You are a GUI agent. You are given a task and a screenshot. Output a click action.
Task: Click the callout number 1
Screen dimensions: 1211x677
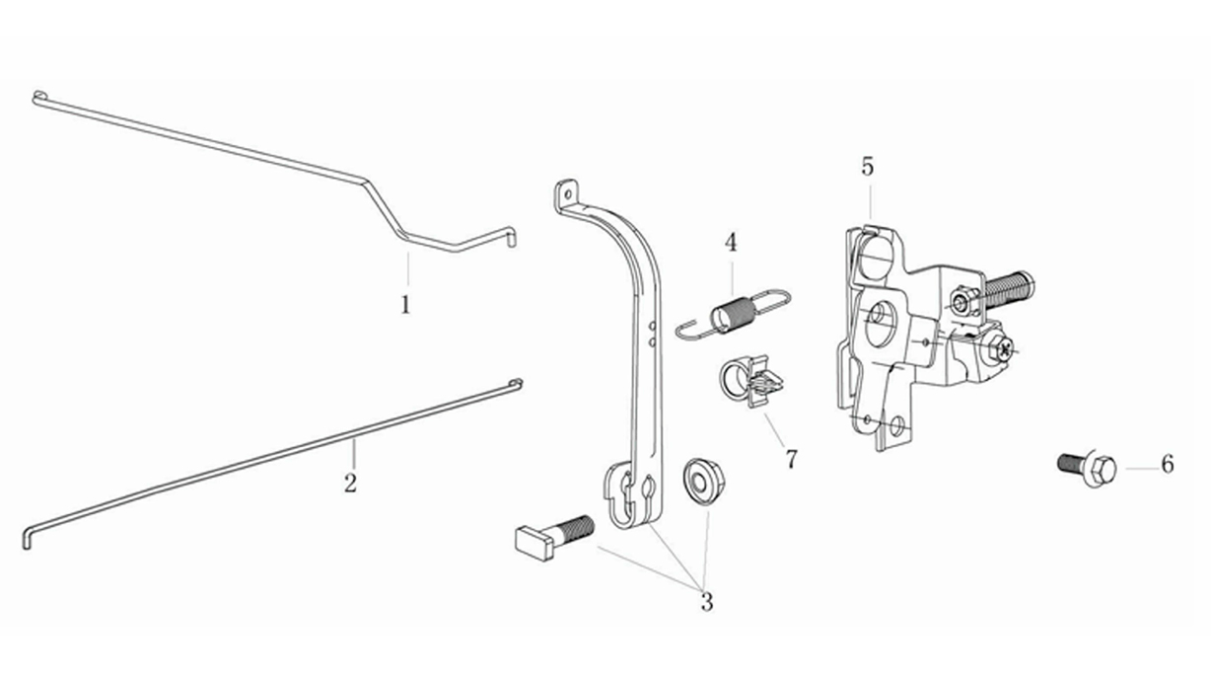point(405,305)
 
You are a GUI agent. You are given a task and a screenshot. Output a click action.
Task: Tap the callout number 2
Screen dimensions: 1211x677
point(350,483)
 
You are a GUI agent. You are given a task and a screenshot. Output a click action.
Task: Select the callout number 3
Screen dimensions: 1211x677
point(707,602)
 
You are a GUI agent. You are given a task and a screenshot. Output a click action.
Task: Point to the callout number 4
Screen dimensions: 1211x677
point(731,243)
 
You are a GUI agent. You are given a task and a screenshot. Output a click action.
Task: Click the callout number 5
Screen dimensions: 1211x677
point(867,167)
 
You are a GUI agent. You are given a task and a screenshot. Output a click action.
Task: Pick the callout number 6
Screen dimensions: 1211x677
point(1168,464)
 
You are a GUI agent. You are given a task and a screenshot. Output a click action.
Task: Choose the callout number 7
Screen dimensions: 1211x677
point(791,460)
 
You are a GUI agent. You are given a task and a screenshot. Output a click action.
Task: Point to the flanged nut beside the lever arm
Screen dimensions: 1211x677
point(703,482)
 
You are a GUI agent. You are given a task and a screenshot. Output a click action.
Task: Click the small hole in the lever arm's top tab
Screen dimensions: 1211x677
point(567,192)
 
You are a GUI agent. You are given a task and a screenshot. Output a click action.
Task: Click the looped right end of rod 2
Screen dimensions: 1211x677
point(517,383)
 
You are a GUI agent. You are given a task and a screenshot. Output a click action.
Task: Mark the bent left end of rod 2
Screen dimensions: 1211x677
point(26,538)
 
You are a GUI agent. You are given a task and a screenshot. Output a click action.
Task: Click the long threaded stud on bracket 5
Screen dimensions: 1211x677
point(1007,291)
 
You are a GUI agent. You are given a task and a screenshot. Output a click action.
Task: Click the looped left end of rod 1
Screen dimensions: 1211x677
point(38,97)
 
